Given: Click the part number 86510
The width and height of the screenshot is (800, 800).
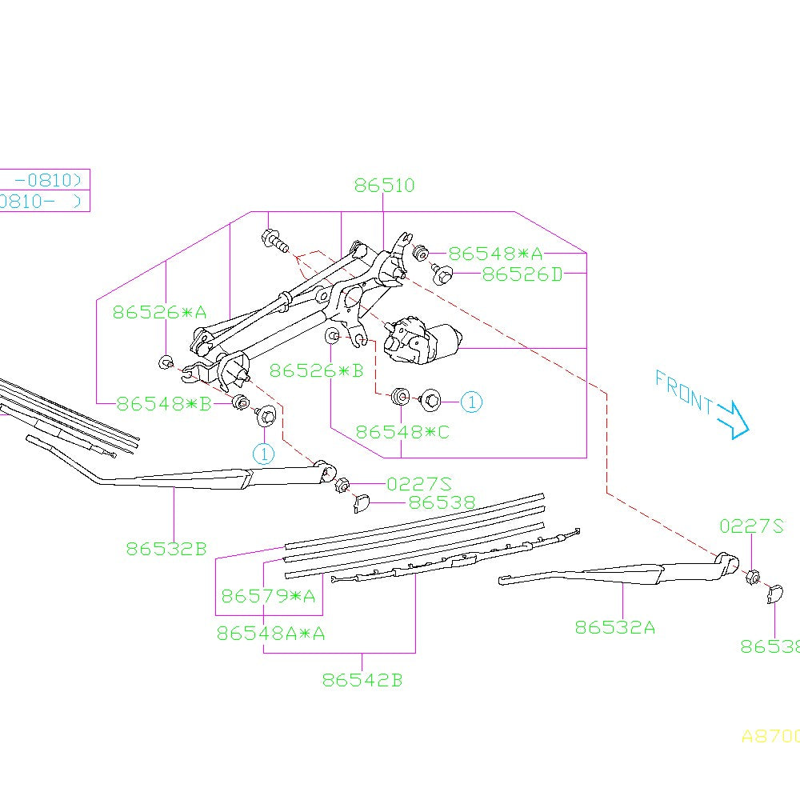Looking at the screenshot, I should pos(385,186).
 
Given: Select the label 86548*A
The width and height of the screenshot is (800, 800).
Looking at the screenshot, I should pos(494,254).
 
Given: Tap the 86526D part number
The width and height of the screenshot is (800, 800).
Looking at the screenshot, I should pos(522,274).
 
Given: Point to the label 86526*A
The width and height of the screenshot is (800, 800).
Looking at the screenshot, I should pos(159,312).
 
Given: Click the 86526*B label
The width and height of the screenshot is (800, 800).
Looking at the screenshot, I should pos(316,370).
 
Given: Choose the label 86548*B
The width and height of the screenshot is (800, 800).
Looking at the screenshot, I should pos(163,403).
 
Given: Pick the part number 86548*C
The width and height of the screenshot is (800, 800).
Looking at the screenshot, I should pos(402,432).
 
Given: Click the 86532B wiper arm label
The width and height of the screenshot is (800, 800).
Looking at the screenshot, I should pos(166,549).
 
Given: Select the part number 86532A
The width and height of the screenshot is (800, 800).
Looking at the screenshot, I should pos(614,627).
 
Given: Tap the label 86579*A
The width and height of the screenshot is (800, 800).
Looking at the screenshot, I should pos(268,596).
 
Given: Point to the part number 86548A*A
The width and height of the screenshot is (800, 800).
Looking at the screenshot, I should pos(270,634).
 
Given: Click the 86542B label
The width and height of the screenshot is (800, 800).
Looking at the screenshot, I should pos(362,681).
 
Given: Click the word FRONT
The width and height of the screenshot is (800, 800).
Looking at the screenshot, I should pos(684,392).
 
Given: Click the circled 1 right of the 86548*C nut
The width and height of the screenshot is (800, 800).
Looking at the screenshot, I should pos(471,402).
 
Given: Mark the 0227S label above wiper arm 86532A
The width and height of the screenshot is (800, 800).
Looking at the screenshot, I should pos(751,526).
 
